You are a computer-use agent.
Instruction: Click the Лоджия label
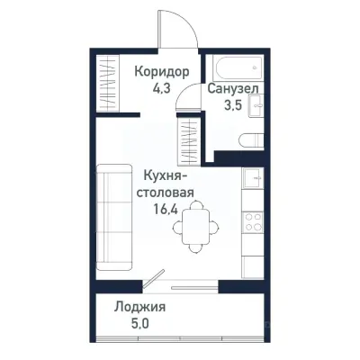pyautogui.click(x=139, y=307)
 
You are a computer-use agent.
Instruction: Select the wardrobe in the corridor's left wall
pyautogui.click(x=107, y=84)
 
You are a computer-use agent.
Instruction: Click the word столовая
pyautogui.click(x=165, y=193)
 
